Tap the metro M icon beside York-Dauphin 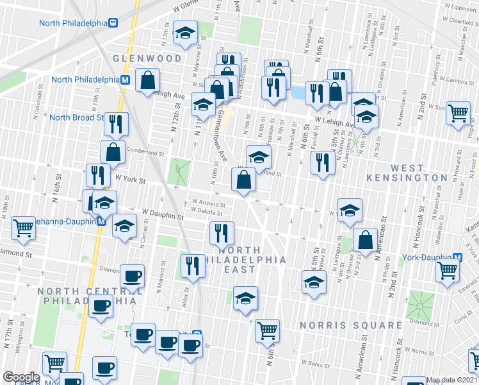[x=457, y=257]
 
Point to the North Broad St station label [x=76, y=117]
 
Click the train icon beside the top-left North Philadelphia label [x=113, y=23]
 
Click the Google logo [x=21, y=377]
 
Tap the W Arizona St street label [x=207, y=203]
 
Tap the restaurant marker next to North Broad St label [x=116, y=123]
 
